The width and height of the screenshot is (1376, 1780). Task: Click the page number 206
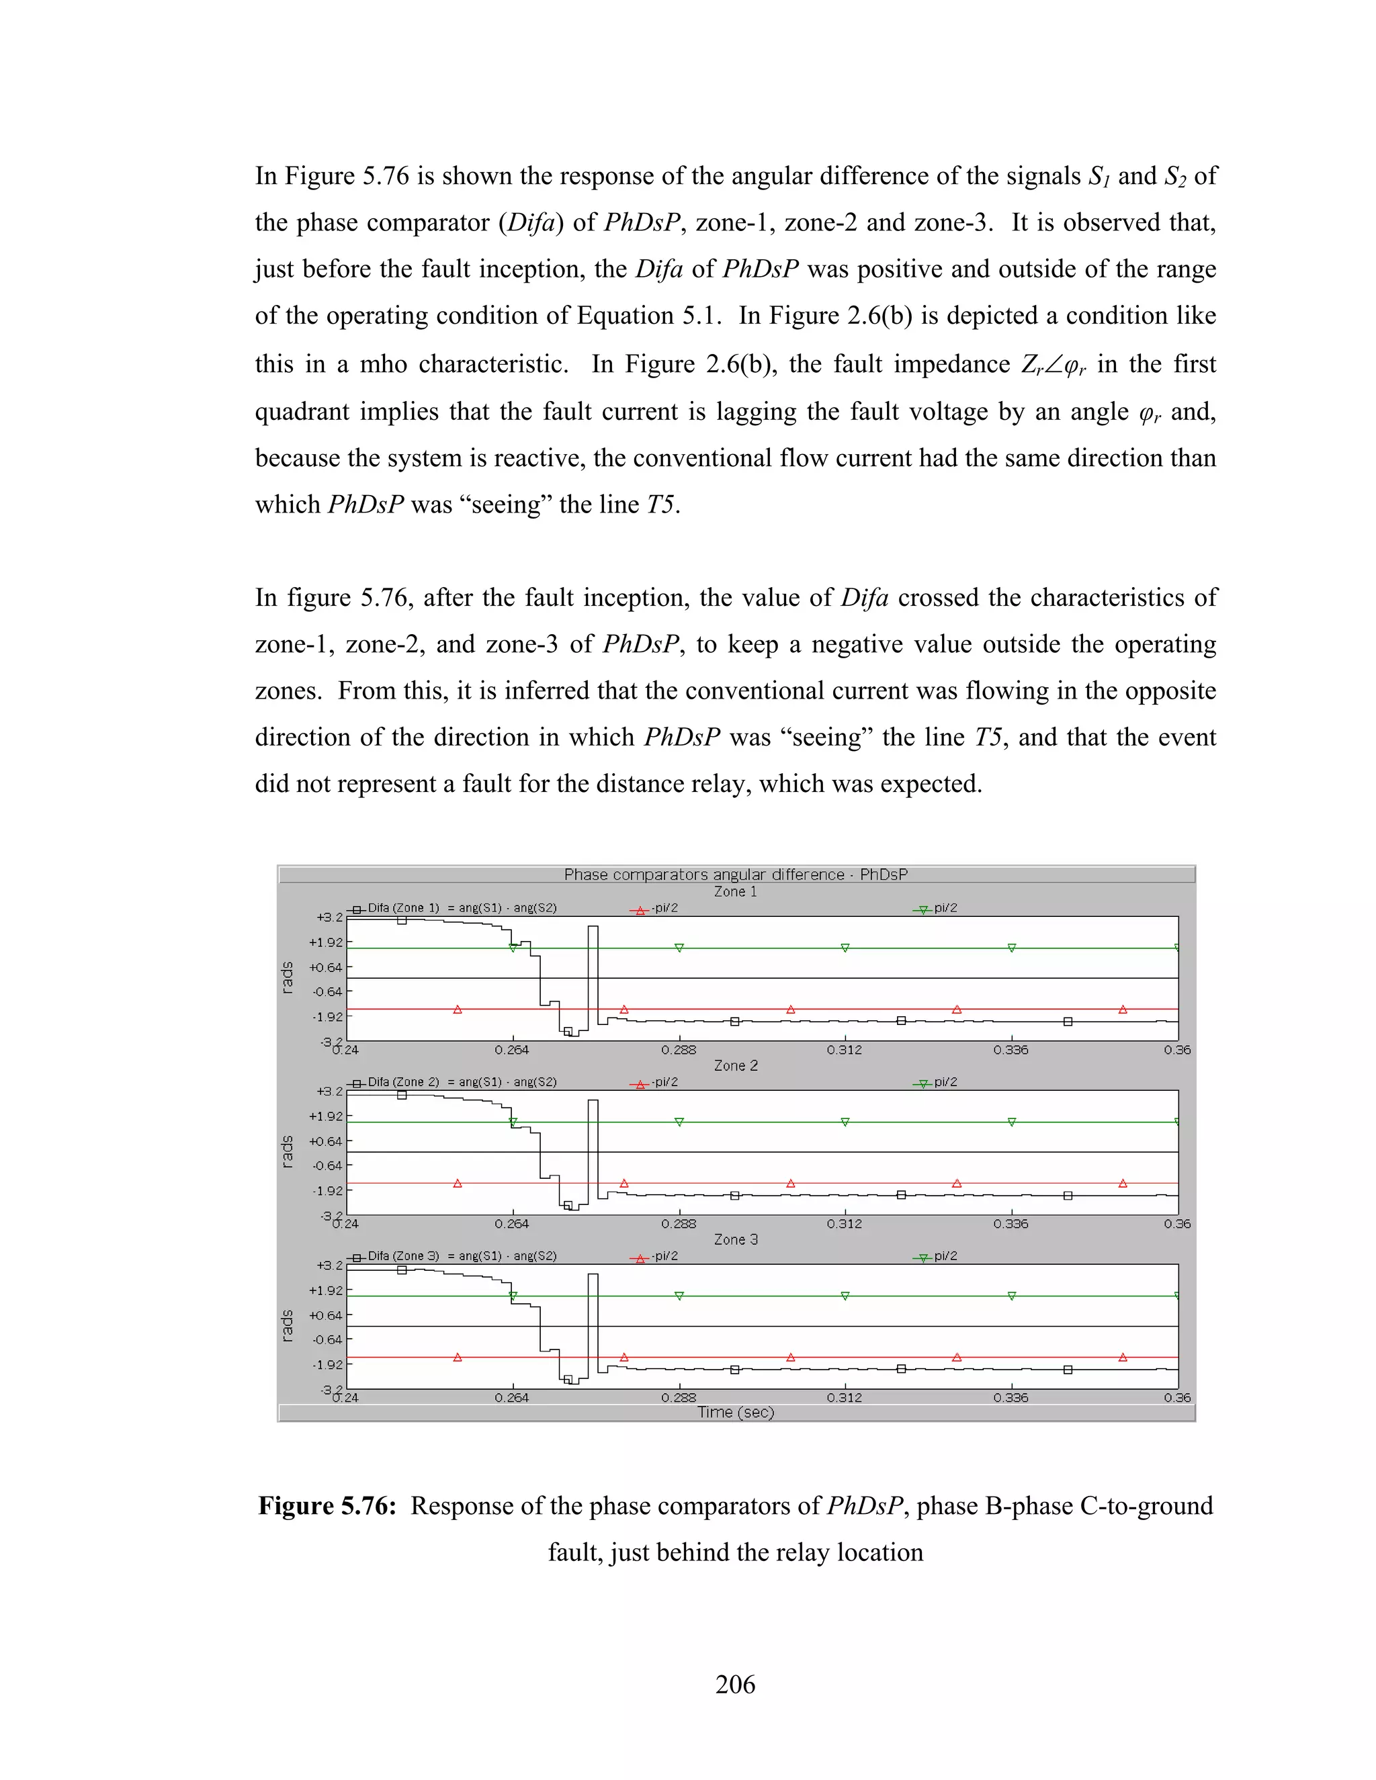[734, 1684]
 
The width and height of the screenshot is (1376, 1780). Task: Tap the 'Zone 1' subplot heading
[735, 891]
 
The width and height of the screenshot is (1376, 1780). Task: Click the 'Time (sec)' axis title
[735, 1413]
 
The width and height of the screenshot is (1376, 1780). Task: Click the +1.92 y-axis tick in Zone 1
[325, 942]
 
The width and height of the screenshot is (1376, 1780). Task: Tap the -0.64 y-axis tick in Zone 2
[327, 1165]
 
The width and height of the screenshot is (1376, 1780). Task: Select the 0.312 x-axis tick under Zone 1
[844, 1050]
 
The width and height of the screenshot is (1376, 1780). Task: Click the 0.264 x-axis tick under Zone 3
[511, 1397]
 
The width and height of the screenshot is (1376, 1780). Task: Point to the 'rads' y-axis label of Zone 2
[287, 1151]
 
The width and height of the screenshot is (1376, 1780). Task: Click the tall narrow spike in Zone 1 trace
[593, 970]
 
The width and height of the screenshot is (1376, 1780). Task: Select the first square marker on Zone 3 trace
[402, 1269]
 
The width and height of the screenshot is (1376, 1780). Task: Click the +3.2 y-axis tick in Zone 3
[329, 1265]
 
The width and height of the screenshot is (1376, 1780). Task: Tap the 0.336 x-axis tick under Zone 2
[1010, 1223]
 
